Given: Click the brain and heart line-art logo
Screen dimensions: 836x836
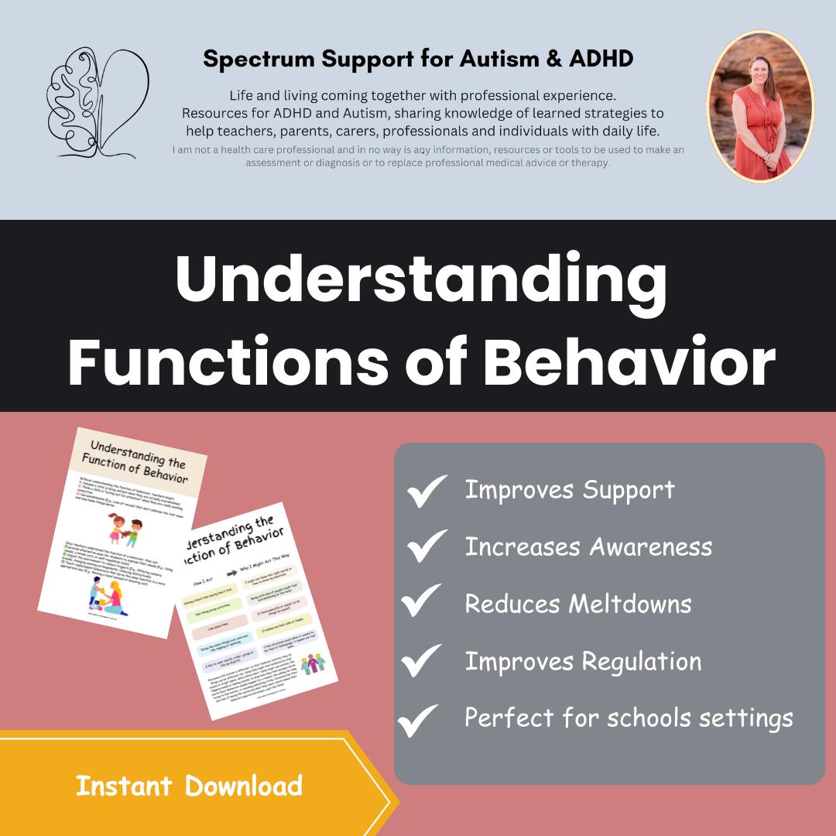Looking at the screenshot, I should (x=98, y=104).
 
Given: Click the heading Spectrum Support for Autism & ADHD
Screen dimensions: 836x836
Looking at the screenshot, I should (x=417, y=59).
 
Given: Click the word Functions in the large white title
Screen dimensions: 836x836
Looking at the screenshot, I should (x=231, y=361).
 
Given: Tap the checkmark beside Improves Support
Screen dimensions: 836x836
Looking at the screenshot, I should (x=427, y=491).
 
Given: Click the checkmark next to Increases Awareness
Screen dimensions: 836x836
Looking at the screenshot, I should (x=427, y=546).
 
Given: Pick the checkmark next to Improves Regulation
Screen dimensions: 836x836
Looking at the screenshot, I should (x=422, y=660).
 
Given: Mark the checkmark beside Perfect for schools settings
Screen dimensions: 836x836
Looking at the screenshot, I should (x=419, y=720).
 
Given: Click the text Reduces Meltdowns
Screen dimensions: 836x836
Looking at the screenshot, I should (x=577, y=604).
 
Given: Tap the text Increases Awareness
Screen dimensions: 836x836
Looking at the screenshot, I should (x=588, y=546).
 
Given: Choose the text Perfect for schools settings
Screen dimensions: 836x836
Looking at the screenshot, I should (x=628, y=718).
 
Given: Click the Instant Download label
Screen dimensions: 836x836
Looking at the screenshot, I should (x=189, y=786).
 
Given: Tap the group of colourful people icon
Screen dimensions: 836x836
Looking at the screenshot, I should (x=313, y=665).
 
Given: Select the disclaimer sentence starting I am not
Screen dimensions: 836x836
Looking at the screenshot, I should (x=428, y=156).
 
